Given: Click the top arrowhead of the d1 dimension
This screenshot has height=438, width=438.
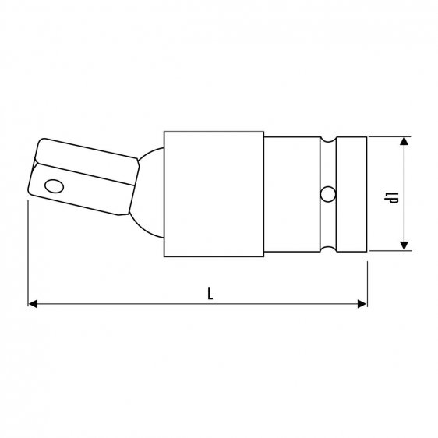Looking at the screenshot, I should click(404, 142).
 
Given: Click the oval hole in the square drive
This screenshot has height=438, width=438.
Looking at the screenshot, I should click(55, 186).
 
